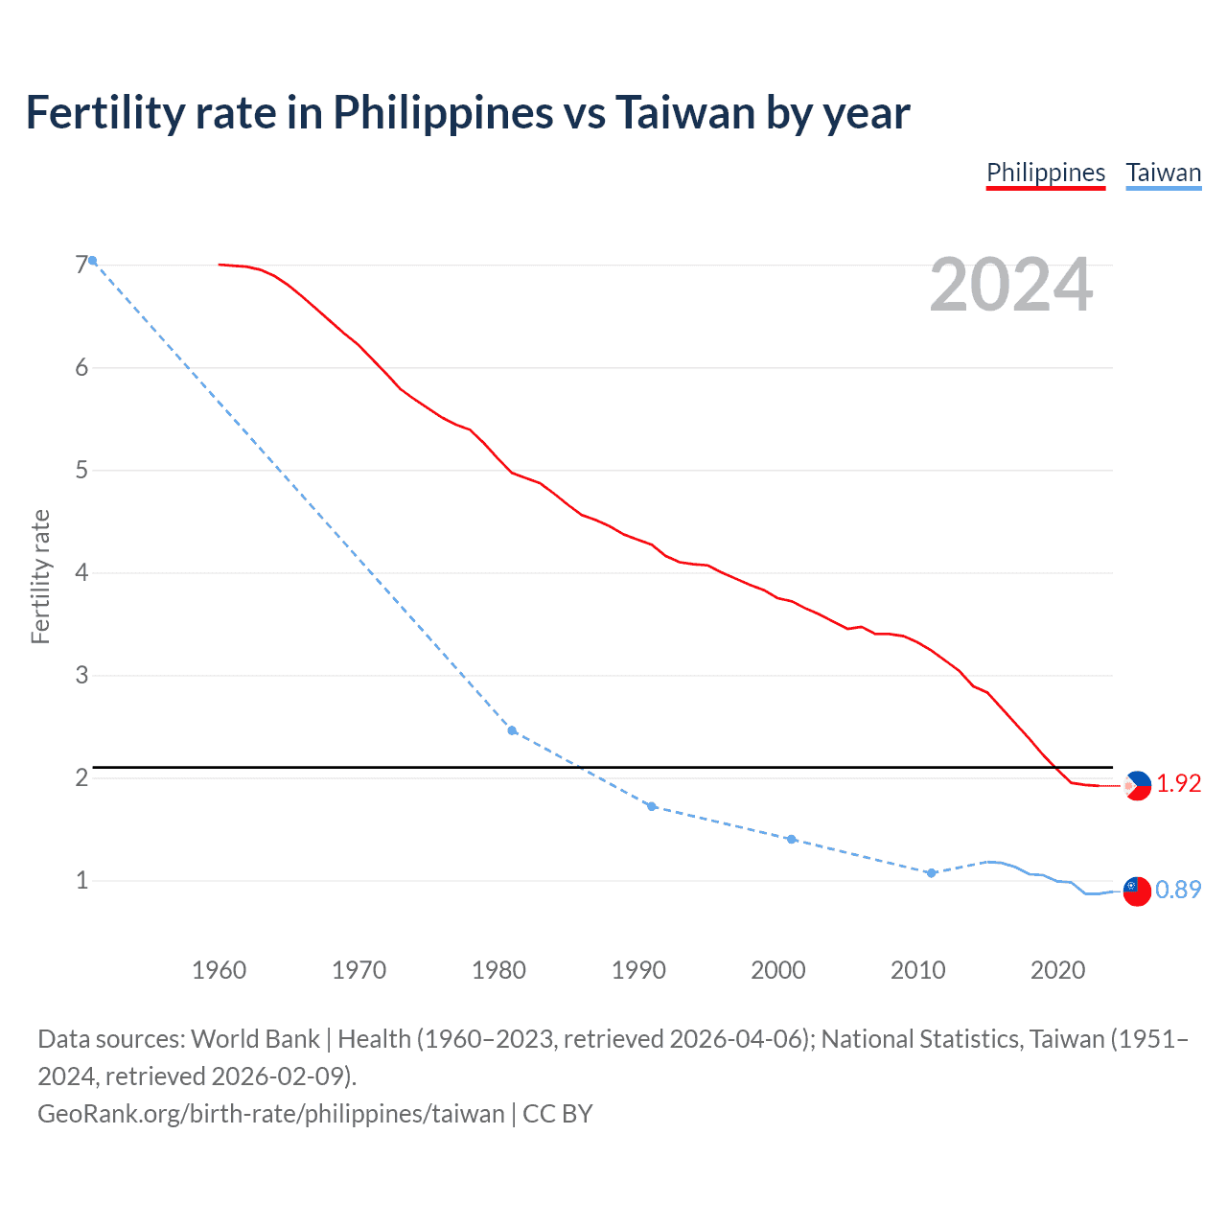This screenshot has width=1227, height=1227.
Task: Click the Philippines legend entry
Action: click(x=1046, y=173)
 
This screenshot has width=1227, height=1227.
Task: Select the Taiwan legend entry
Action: click(x=1163, y=173)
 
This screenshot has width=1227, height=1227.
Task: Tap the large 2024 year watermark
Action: click(x=1010, y=285)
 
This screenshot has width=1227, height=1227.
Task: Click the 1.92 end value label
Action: click(x=1178, y=783)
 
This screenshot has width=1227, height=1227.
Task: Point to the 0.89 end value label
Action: click(x=1178, y=890)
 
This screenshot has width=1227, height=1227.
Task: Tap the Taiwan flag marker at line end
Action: click(x=1137, y=891)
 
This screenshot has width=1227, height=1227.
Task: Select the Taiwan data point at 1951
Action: click(x=93, y=261)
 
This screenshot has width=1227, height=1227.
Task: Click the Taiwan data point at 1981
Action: click(x=512, y=730)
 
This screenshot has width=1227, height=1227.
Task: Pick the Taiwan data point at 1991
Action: click(x=652, y=806)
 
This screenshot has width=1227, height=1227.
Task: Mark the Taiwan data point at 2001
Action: click(x=791, y=839)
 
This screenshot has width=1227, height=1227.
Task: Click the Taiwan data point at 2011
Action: click(x=931, y=873)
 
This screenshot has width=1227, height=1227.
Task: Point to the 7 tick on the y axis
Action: click(x=81, y=265)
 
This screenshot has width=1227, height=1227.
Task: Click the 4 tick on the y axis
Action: click(x=81, y=572)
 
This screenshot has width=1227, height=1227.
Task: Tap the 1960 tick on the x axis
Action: click(x=220, y=970)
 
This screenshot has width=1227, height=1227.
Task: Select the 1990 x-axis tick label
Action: click(x=638, y=970)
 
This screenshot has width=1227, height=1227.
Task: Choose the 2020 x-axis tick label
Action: click(x=1057, y=970)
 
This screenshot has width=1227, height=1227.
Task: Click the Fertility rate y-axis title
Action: click(x=40, y=576)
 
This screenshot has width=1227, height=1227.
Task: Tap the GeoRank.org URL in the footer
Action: click(x=270, y=1114)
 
